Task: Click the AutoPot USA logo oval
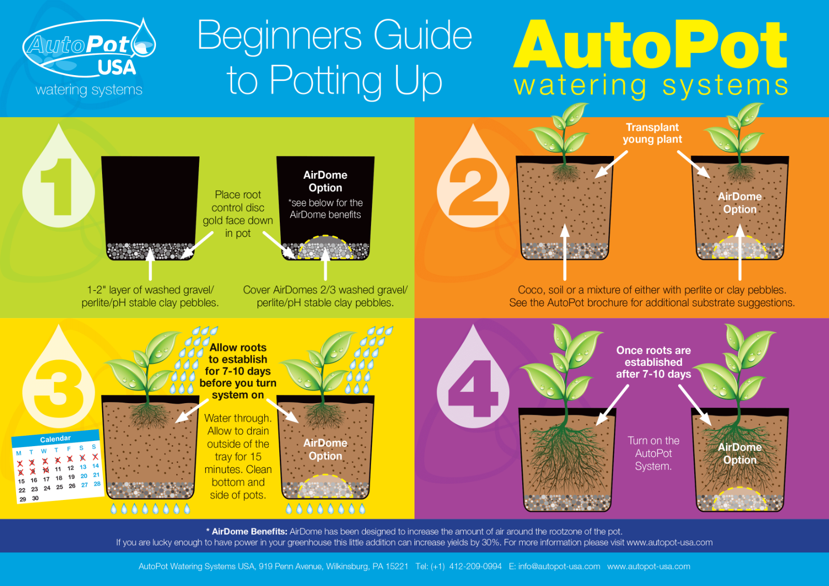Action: pyautogui.click(x=88, y=49)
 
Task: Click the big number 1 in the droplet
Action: pyautogui.click(x=58, y=187)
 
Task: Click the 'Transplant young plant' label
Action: pyautogui.click(x=652, y=133)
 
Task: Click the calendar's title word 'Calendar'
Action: pyautogui.click(x=55, y=439)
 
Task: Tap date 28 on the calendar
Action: pyautogui.click(x=97, y=483)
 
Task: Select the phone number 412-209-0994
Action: pyautogui.click(x=475, y=566)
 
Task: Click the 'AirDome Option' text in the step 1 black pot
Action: pyautogui.click(x=325, y=181)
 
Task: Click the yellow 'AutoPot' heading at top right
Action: pyautogui.click(x=650, y=46)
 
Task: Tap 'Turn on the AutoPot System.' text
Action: pyautogui.click(x=653, y=453)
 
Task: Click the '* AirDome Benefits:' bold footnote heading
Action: pyautogui.click(x=247, y=532)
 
